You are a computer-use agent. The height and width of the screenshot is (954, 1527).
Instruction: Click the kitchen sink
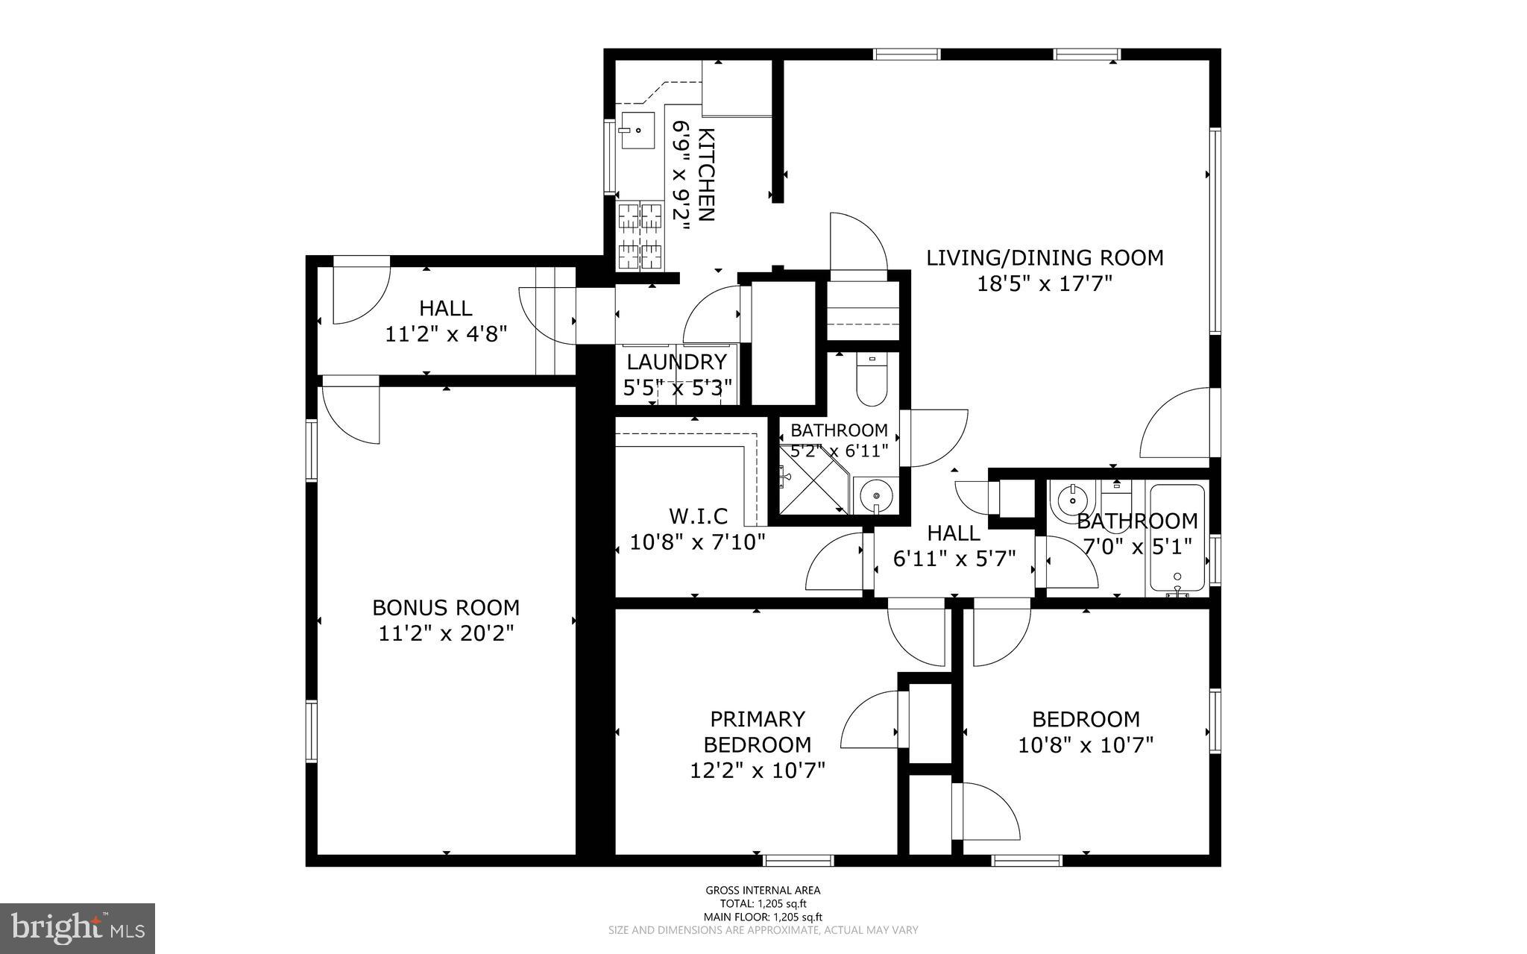pos(637,131)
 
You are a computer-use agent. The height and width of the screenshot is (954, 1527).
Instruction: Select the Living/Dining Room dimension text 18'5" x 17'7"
pos(1045,283)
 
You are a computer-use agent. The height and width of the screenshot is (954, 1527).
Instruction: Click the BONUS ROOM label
pos(446,607)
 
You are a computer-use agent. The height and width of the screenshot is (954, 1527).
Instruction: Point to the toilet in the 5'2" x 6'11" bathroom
pos(871,381)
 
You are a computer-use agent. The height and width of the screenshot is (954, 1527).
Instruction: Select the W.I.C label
pos(698,515)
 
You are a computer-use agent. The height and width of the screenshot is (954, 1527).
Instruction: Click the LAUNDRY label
pos(676,363)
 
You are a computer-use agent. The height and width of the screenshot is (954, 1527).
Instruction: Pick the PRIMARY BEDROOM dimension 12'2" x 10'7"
pos(758,770)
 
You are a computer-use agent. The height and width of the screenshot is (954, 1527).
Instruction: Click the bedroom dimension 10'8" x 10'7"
pos(1086,744)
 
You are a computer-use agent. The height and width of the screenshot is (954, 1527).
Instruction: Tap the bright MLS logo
pos(78,928)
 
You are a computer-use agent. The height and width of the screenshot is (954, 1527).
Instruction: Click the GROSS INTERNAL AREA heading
pos(763,890)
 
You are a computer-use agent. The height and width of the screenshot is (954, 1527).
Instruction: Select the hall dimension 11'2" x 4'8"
pos(446,333)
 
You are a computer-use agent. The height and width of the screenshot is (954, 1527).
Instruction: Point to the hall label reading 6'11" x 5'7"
pos(954,559)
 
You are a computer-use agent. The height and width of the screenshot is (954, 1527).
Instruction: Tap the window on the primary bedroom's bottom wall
pos(799,860)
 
